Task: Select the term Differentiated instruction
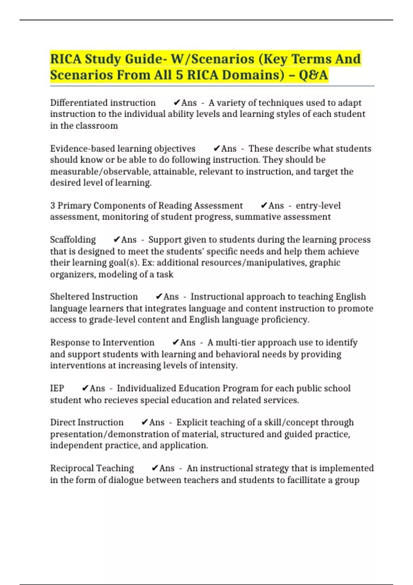(x=103, y=103)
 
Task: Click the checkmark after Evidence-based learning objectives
(x=216, y=149)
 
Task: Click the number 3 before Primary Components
(x=53, y=206)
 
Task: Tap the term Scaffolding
(x=73, y=240)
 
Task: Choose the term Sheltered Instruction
(x=94, y=297)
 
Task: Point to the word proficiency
(x=285, y=320)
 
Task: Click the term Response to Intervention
(x=102, y=342)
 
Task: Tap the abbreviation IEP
(x=57, y=388)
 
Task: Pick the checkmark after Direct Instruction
(x=145, y=422)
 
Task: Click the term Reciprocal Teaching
(x=92, y=468)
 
